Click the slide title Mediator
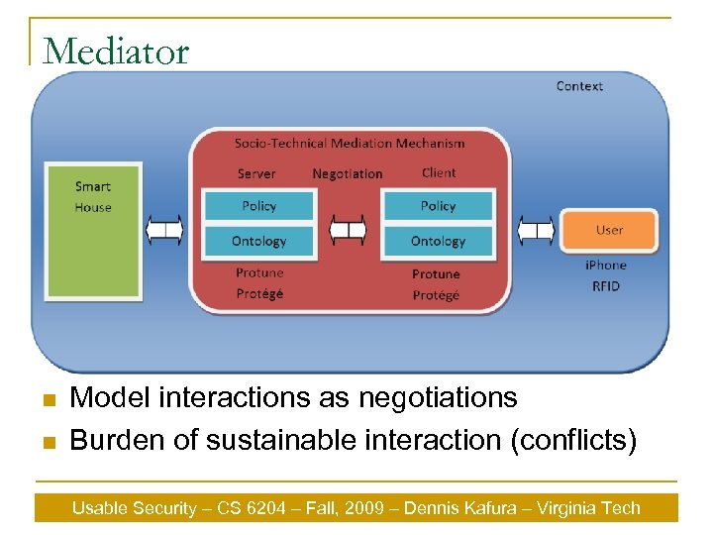tap(117, 51)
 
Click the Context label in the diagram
tap(579, 86)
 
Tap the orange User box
tap(609, 230)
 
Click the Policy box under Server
tap(258, 206)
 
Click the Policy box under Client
tap(438, 206)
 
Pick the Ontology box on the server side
tap(258, 241)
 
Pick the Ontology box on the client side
tap(438, 241)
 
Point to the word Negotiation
tap(347, 173)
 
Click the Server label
tap(256, 173)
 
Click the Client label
tap(439, 172)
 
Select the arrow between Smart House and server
tap(164, 231)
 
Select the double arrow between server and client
tap(348, 231)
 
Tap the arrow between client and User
tap(536, 231)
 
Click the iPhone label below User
tap(605, 265)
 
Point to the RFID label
tap(605, 285)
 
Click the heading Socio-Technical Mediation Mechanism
tap(350, 143)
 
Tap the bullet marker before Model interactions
tap(46, 400)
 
